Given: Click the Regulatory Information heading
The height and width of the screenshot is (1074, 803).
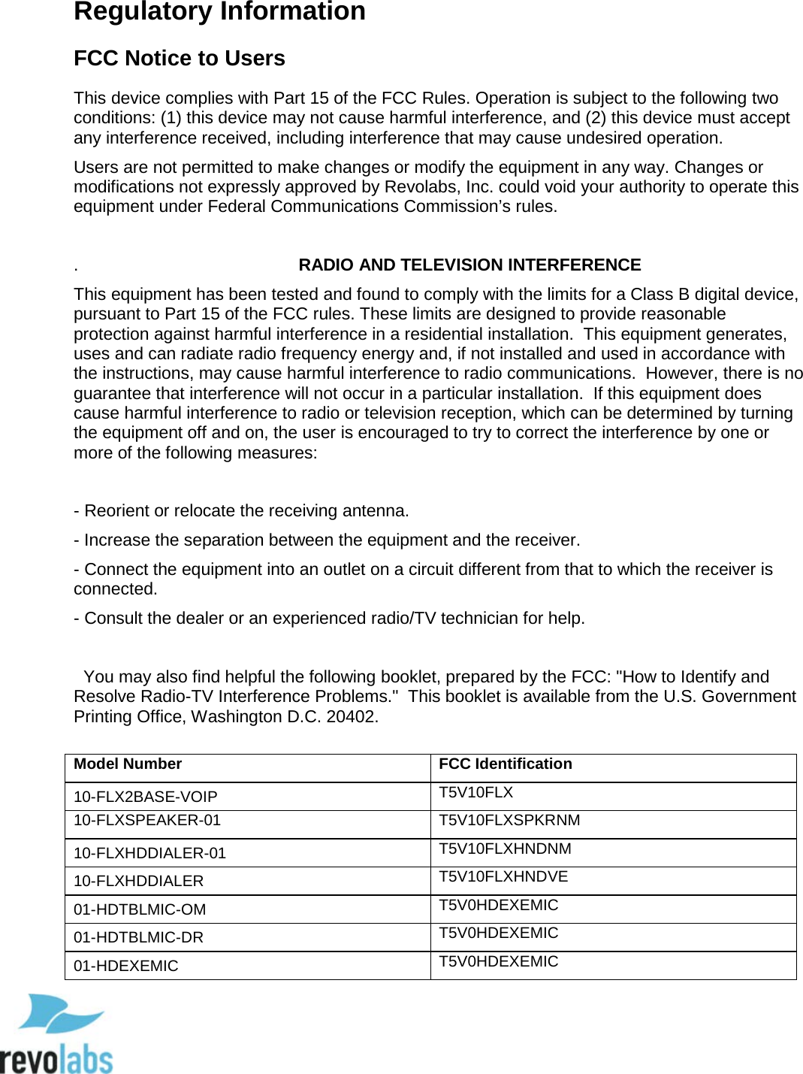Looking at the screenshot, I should click(219, 12).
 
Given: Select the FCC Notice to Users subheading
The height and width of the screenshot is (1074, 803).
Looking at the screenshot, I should click(179, 59).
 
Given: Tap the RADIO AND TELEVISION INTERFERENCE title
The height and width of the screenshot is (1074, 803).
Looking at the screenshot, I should click(469, 265).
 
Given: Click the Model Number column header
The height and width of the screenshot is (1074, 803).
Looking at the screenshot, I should click(128, 764).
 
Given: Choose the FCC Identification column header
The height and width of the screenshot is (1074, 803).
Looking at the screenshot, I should click(505, 764).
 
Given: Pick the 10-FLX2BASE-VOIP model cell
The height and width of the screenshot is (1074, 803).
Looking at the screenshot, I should click(145, 797).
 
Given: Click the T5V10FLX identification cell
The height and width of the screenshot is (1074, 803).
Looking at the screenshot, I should click(475, 793).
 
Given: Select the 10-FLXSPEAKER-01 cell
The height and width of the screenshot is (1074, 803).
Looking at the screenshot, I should click(147, 821).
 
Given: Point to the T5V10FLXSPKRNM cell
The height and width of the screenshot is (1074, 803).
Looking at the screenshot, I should click(509, 821).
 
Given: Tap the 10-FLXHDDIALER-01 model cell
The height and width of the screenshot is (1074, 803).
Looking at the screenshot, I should click(149, 853).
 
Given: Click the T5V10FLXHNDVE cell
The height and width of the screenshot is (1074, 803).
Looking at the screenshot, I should click(503, 877).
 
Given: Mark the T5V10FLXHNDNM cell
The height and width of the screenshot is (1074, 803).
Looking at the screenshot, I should click(505, 849).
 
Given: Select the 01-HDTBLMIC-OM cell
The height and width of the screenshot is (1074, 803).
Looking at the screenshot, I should click(140, 909).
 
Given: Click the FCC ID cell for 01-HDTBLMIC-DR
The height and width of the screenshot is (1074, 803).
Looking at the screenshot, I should click(498, 933).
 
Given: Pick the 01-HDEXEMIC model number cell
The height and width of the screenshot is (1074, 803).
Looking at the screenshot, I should click(125, 966).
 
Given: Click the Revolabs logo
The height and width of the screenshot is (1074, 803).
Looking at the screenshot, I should click(56, 1034).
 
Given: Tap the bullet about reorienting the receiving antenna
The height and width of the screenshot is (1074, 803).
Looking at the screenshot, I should click(241, 511).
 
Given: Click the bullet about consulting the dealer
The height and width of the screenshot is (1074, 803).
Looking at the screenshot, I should click(329, 619).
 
